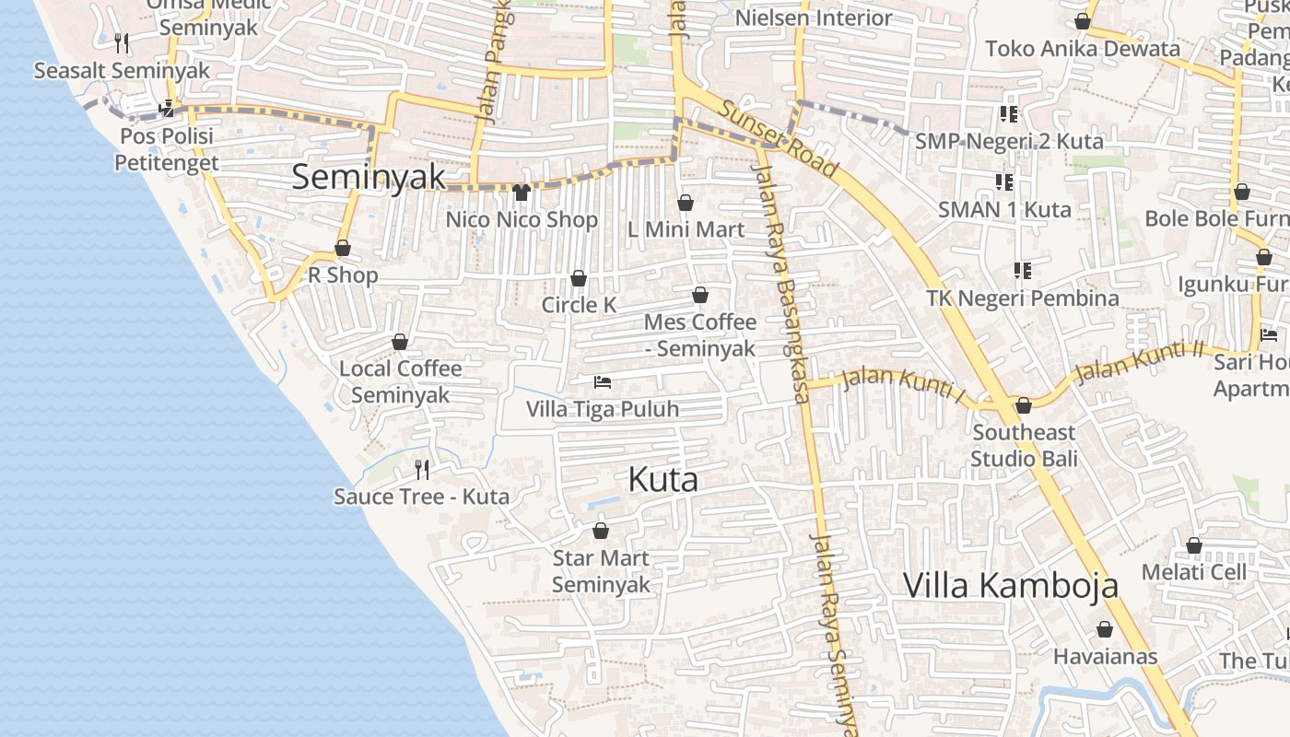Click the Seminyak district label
(369, 177)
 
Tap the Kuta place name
(663, 479)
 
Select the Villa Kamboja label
(1010, 585)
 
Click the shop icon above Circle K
(579, 278)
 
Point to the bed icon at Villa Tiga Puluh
(603, 382)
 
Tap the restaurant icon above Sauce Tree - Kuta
(422, 470)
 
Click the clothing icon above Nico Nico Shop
(522, 193)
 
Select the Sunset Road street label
(779, 138)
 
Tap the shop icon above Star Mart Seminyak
(601, 532)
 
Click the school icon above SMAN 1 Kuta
(1003, 182)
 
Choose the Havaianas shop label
(1105, 657)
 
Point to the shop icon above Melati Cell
(1194, 546)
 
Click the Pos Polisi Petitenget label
(167, 149)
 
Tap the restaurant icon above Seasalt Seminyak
(122, 42)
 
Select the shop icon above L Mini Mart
(686, 203)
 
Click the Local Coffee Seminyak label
(401, 381)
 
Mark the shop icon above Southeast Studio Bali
(1023, 406)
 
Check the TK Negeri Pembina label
(1023, 298)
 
